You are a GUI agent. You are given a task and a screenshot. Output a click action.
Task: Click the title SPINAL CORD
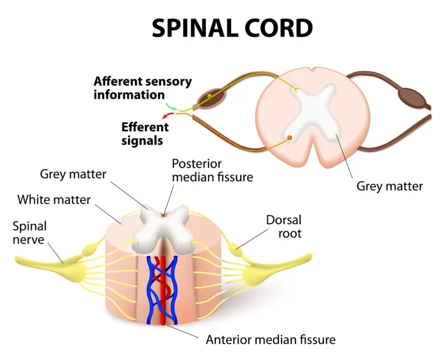232,28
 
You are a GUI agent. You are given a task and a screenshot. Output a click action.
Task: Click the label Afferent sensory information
142,88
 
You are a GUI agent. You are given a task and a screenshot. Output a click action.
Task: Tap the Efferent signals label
145,133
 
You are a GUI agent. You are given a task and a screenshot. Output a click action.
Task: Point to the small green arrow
171,107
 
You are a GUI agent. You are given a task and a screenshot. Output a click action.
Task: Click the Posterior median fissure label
212,170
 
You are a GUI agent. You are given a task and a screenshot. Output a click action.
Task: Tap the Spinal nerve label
30,232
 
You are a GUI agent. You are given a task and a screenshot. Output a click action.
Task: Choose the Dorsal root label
284,227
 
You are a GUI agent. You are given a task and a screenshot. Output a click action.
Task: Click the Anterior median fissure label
271,340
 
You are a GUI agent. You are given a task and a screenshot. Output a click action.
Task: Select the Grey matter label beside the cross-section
389,186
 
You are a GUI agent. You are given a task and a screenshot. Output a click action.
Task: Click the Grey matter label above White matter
73,174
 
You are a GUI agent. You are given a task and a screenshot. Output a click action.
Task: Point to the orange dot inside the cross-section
290,138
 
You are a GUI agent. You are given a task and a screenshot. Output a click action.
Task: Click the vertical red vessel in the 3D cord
163,292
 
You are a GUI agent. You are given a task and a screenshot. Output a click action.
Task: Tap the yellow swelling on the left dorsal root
88,250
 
